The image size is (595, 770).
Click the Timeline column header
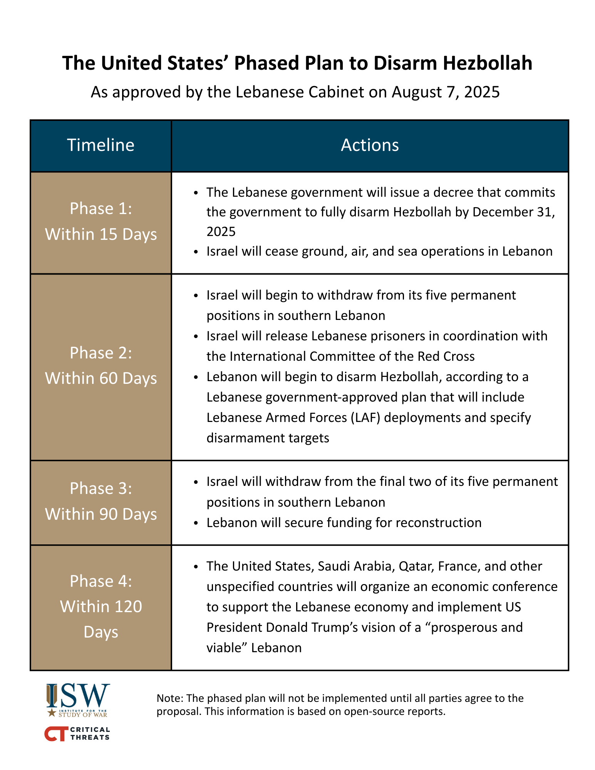click(101, 146)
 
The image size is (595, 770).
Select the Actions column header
click(370, 146)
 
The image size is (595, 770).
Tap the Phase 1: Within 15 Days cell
click(101, 222)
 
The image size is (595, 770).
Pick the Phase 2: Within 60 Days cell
click(101, 366)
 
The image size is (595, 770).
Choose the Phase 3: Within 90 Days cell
click(101, 502)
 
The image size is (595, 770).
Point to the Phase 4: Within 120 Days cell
click(101, 607)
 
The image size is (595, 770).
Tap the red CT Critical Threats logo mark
click(56, 734)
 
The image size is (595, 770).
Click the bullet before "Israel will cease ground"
click(196, 252)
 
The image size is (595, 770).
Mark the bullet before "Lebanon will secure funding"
click(196, 523)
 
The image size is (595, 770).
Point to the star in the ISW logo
click(52, 713)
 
